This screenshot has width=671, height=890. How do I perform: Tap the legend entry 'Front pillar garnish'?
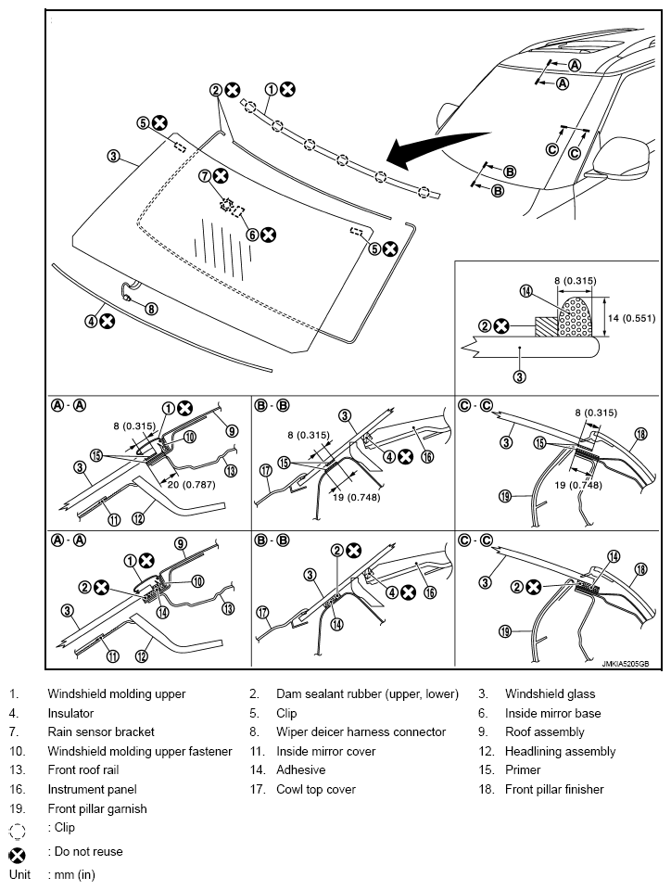pyautogui.click(x=100, y=808)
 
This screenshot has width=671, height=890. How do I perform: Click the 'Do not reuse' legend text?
pyautogui.click(x=84, y=851)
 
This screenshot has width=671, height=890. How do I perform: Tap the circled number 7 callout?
pyautogui.click(x=205, y=175)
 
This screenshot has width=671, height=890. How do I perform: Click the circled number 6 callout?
pyautogui.click(x=252, y=235)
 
